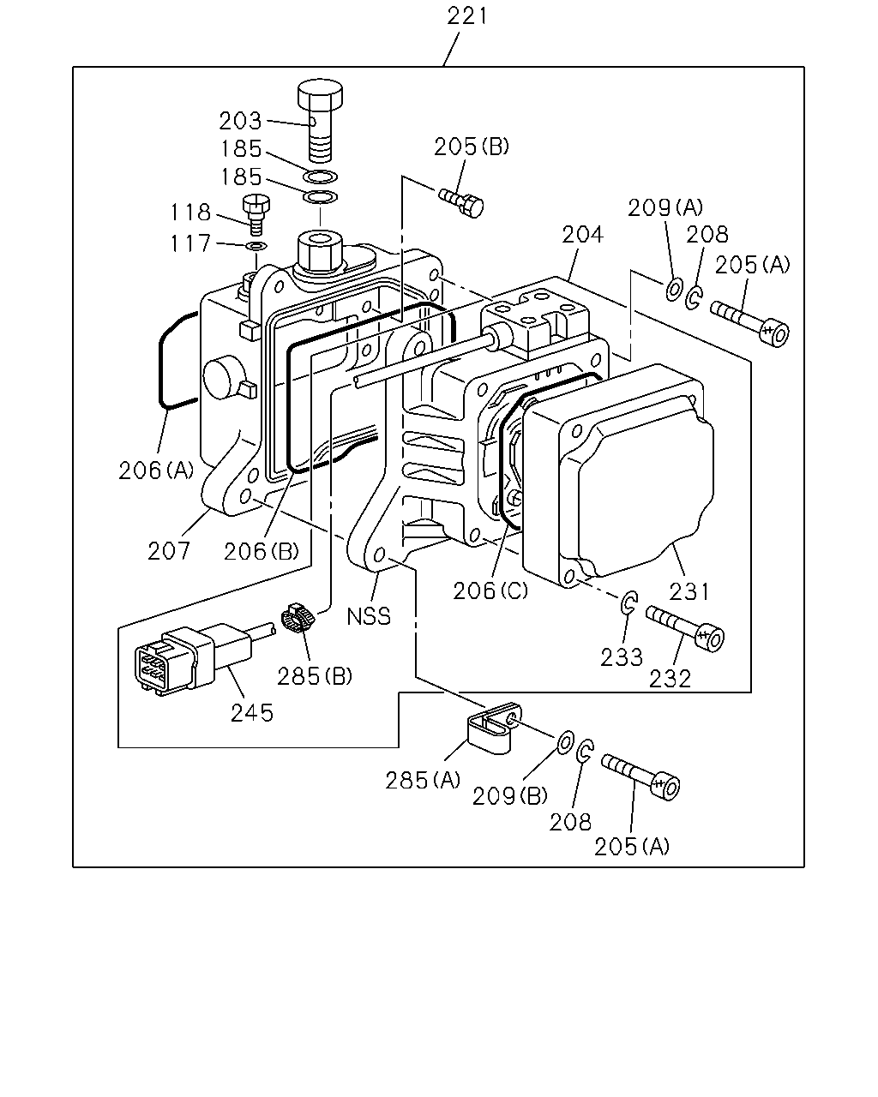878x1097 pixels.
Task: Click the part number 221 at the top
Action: [466, 16]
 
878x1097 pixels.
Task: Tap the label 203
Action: [240, 121]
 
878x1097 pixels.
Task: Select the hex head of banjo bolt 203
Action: [320, 94]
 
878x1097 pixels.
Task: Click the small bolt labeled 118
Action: [256, 214]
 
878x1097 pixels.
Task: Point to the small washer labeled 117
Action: [256, 246]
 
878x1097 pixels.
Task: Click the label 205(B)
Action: [472, 147]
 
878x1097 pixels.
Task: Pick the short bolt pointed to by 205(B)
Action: [460, 202]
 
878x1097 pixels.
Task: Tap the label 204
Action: [582, 235]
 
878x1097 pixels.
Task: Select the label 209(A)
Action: [665, 207]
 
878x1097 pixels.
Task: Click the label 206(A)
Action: [156, 470]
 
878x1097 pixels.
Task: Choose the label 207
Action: [168, 550]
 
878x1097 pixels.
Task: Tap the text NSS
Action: [369, 617]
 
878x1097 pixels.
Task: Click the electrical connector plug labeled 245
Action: [194, 657]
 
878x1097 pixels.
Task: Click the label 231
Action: [689, 592]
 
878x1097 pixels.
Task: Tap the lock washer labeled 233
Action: [629, 603]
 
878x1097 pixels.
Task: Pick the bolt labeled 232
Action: [685, 628]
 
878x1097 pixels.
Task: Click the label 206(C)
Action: [490, 590]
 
